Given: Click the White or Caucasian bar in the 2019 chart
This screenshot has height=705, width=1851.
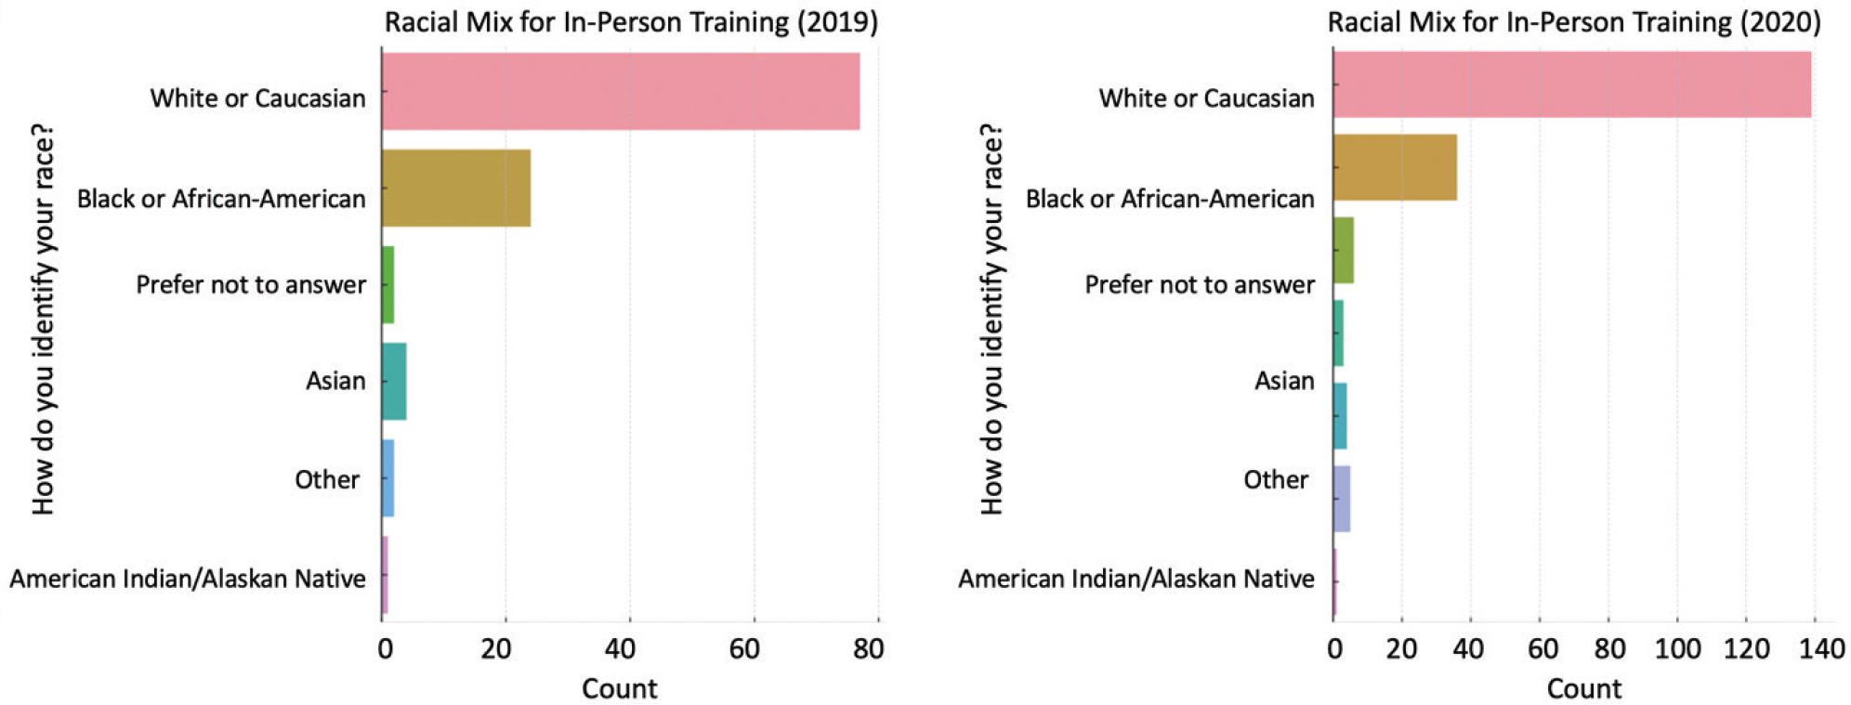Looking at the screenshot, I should click(x=620, y=91).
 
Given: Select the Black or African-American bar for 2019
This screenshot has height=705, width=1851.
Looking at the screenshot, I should click(x=455, y=188).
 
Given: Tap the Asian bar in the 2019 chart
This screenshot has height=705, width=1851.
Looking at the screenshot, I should click(x=394, y=381).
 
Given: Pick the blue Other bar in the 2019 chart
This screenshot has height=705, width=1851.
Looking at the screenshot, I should click(x=388, y=478).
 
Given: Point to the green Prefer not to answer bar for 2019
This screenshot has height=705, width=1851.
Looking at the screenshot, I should click(x=388, y=284).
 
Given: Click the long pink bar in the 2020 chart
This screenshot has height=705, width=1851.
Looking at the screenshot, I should click(x=1571, y=85).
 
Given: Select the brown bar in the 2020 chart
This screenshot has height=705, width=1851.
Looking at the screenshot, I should click(x=1395, y=167).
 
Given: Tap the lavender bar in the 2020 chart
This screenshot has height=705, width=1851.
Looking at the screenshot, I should click(x=1342, y=499).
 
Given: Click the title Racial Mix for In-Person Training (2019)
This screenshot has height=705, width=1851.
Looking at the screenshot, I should click(x=631, y=21).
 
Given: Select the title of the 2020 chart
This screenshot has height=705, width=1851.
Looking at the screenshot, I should click(x=1574, y=21).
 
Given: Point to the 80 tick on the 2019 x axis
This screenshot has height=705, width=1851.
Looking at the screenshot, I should click(x=869, y=648).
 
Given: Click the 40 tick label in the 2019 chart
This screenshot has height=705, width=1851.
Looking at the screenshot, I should click(x=620, y=648).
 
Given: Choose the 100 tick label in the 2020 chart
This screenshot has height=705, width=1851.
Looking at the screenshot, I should click(x=1677, y=648).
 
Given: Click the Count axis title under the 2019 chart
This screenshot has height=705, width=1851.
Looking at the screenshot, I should click(x=619, y=688).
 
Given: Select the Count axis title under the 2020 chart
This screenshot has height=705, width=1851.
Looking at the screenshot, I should click(x=1583, y=688).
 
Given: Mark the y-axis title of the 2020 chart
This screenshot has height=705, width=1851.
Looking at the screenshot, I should click(x=992, y=319).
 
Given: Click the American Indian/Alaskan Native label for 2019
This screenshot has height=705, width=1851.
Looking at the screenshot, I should click(x=188, y=579).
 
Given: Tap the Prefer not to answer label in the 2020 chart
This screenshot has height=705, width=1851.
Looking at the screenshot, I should click(x=1200, y=284).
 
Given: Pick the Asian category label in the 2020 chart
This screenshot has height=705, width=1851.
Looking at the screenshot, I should click(x=1284, y=381).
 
